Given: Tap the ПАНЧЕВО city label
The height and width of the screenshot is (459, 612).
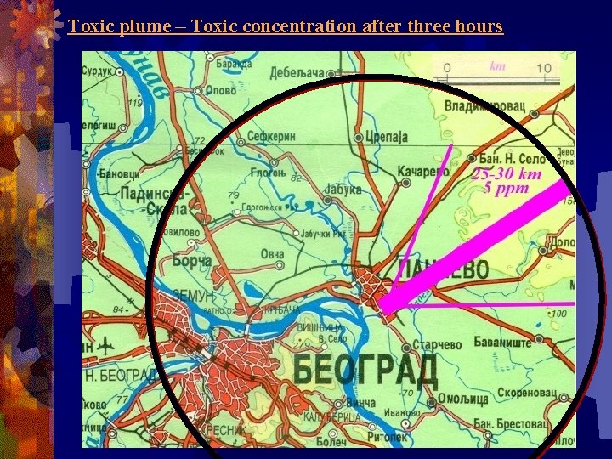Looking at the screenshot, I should pos(443,270).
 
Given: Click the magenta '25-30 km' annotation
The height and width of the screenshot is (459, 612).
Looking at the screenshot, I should pos(507,174).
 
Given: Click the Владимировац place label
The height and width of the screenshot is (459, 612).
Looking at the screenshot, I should pos(485,106).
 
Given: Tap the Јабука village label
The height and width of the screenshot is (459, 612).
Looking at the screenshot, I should pos(343,190).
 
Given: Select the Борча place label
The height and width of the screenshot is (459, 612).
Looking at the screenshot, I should pos(192,261).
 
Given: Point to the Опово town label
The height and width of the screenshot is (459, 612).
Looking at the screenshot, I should pos(221,88).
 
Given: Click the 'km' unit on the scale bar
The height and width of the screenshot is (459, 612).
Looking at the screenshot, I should pos(498,65).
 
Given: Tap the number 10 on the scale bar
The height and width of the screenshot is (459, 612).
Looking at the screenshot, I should pos(543,68).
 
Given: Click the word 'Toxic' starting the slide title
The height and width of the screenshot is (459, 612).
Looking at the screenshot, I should pos(92,26).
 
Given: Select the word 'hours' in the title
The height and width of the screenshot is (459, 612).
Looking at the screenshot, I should pos(479,26).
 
